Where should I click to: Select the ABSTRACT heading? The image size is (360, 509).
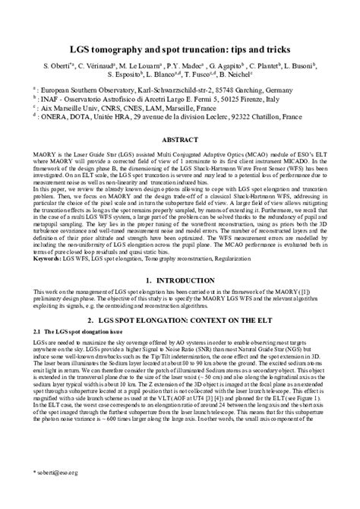tap(180, 141)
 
